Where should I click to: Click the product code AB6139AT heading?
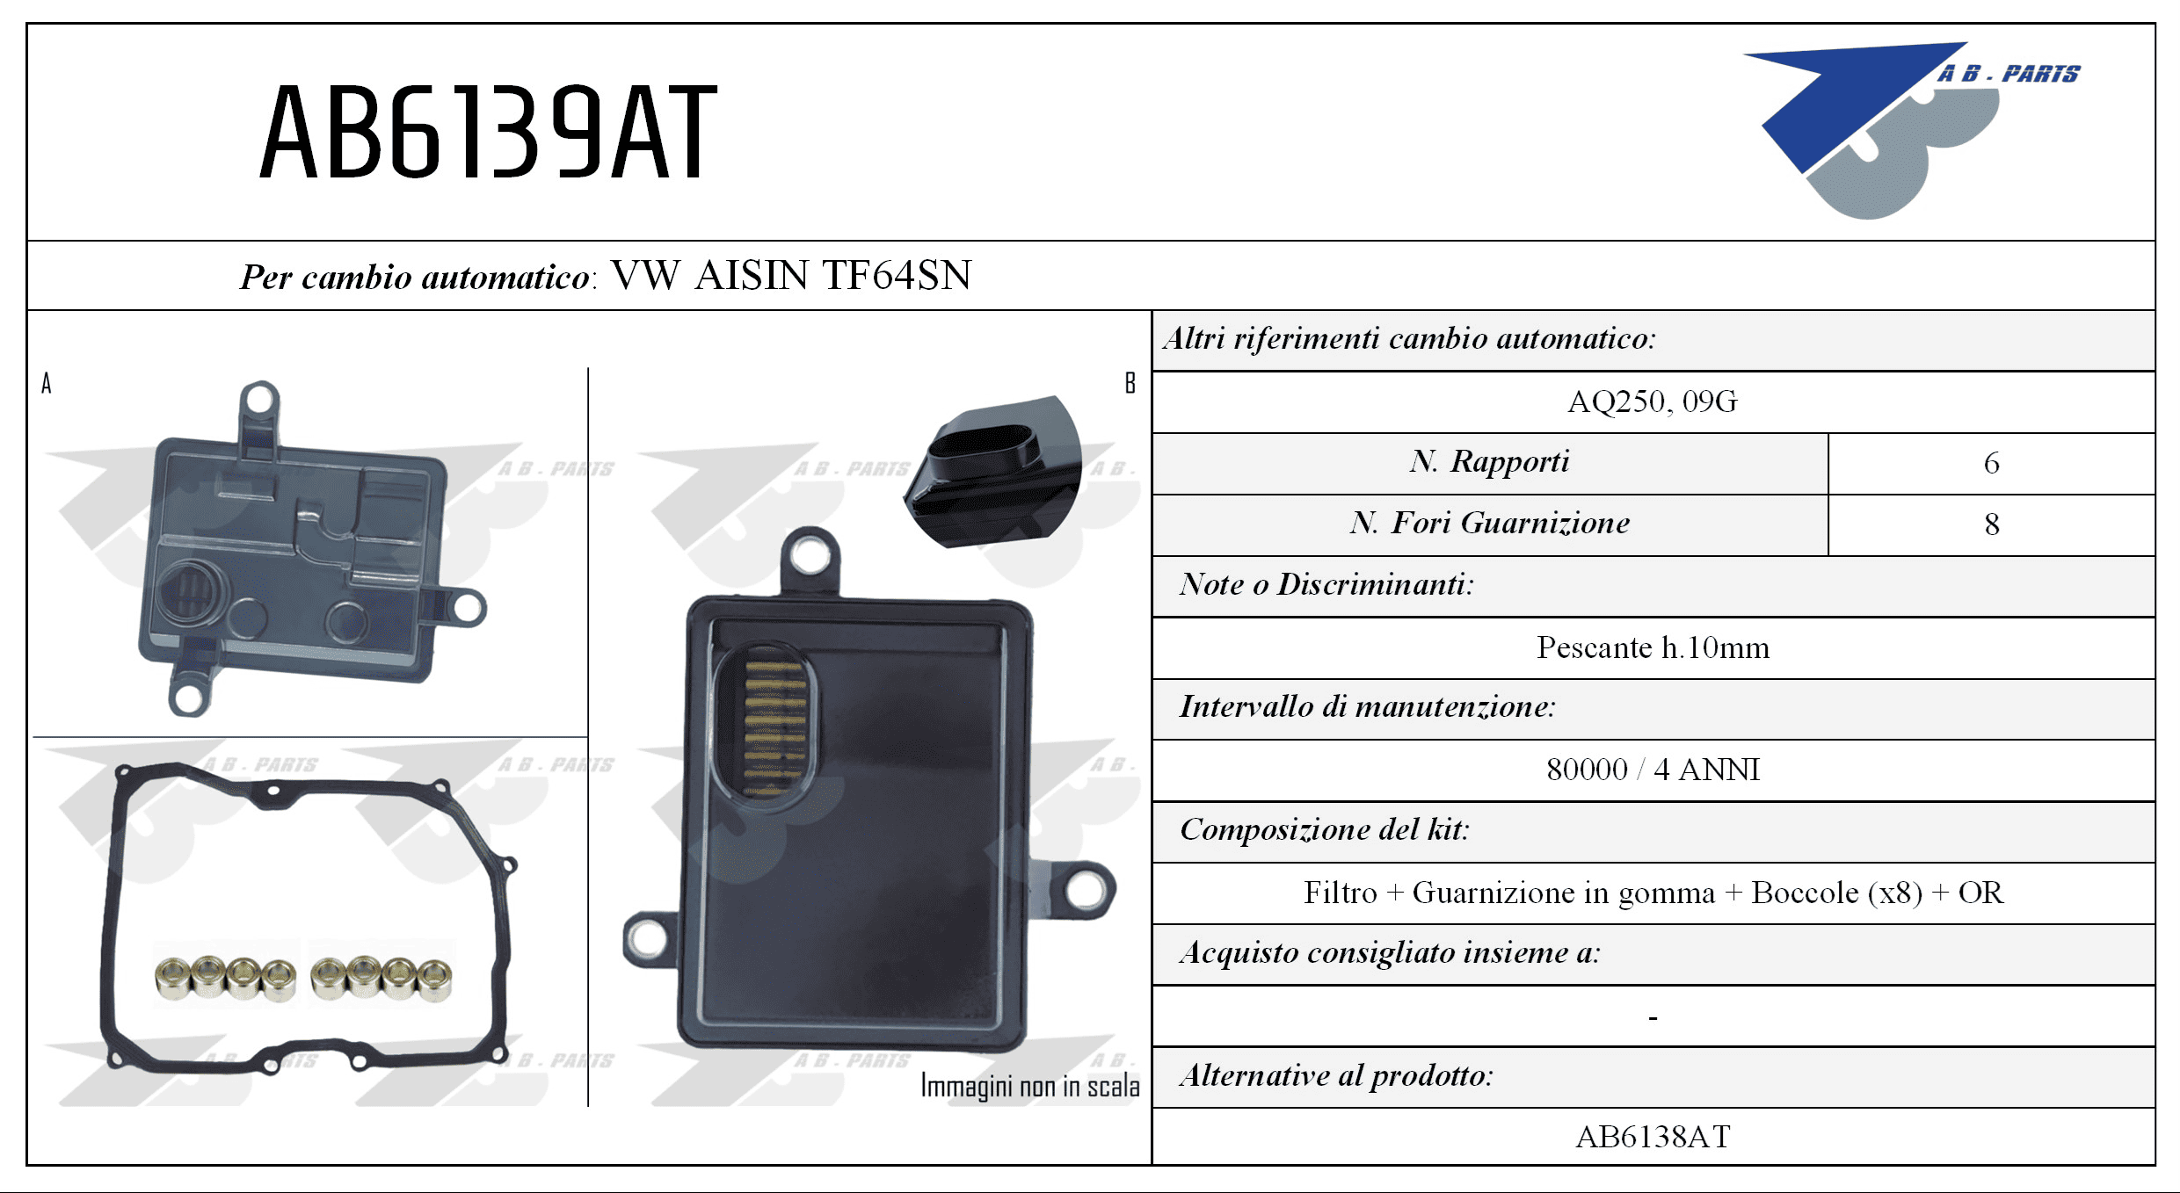(x=489, y=133)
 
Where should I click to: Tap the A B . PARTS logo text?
(x=2009, y=74)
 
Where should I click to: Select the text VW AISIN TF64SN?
(x=791, y=275)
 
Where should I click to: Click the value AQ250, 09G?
(x=1653, y=401)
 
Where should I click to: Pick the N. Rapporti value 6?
(x=1992, y=463)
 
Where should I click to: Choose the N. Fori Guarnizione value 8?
(x=1992, y=524)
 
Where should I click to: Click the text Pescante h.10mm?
(x=1653, y=647)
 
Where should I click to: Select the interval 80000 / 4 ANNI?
(x=1653, y=770)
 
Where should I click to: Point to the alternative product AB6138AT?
(x=1653, y=1137)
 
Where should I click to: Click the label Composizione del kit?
(x=1325, y=829)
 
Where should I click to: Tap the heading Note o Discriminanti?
(x=1326, y=584)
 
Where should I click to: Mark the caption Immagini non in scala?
(x=1029, y=1086)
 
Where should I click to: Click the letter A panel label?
(x=47, y=383)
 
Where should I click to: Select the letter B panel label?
(x=1130, y=383)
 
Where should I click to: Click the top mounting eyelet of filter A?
(x=260, y=400)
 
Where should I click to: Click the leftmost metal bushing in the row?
(x=173, y=977)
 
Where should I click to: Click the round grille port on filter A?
(x=190, y=593)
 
